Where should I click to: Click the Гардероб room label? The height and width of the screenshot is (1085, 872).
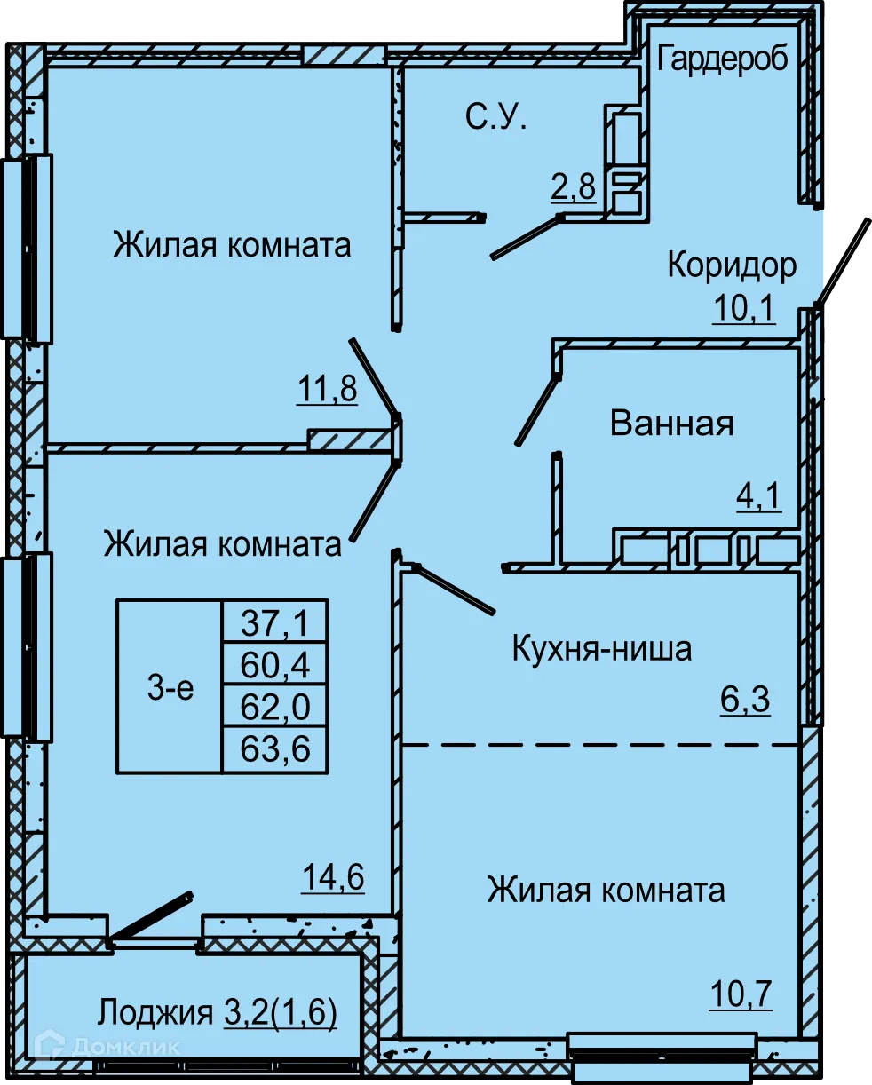[x=723, y=59]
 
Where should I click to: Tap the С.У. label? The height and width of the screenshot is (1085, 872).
[x=495, y=117]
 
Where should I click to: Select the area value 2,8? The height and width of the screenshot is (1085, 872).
[x=574, y=189]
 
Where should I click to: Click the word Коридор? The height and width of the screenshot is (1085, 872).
[x=732, y=265]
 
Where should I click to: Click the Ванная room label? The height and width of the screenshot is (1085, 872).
[x=672, y=424]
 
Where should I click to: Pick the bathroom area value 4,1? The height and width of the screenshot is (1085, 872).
[x=758, y=495]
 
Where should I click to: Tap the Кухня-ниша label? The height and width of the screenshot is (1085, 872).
[x=601, y=649]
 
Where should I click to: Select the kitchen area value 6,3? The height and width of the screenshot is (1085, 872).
[x=744, y=701]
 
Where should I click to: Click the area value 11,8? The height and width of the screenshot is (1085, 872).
[x=328, y=390]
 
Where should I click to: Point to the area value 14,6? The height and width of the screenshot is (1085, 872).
[x=333, y=877]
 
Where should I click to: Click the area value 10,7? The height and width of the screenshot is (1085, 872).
[x=740, y=994]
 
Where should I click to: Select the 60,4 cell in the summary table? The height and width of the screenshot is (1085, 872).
[x=275, y=664]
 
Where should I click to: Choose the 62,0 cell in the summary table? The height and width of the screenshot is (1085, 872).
[x=275, y=707]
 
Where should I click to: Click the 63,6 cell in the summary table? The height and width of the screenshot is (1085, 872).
[x=275, y=749]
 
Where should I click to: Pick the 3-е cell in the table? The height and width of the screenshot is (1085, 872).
[x=170, y=686]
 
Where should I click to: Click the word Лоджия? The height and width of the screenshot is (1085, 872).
[x=155, y=1012]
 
